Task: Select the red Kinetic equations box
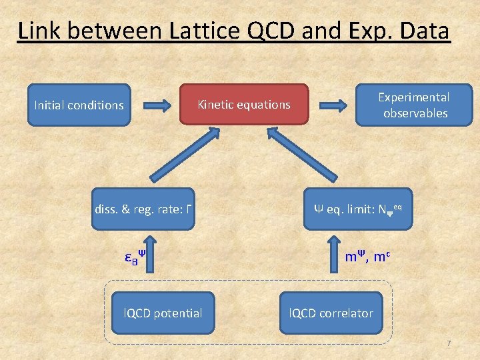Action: pos(244,105)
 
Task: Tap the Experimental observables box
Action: pos(414,105)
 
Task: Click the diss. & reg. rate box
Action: pos(144,209)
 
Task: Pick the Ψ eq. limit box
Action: pos(358,209)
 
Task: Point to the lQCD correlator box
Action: pos(331,313)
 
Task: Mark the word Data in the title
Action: pos(424,31)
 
